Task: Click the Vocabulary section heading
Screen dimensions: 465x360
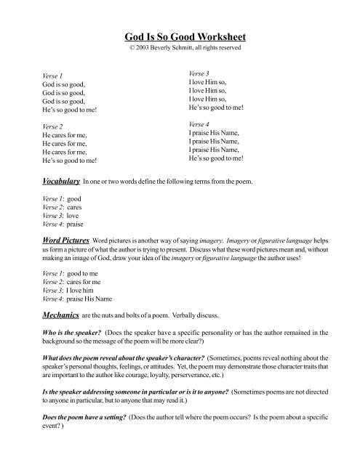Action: click(x=59, y=179)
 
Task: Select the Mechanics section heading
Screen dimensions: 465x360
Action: click(x=60, y=316)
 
